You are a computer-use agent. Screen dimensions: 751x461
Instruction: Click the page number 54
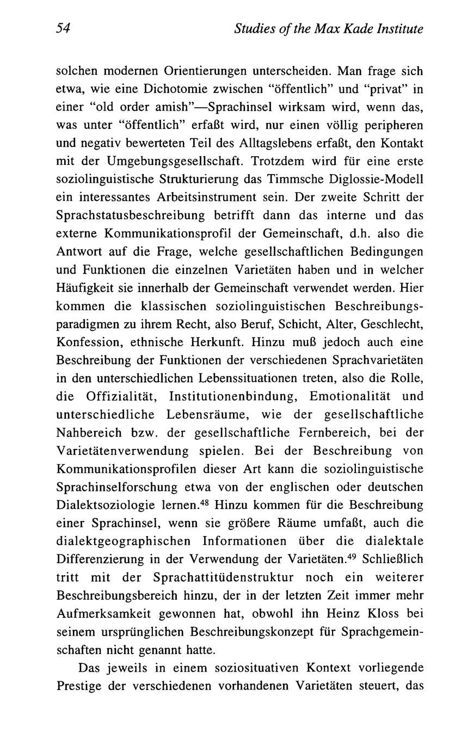64,29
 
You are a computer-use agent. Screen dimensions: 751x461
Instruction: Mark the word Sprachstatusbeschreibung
130,216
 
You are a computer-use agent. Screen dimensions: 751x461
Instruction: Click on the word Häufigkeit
84,288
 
